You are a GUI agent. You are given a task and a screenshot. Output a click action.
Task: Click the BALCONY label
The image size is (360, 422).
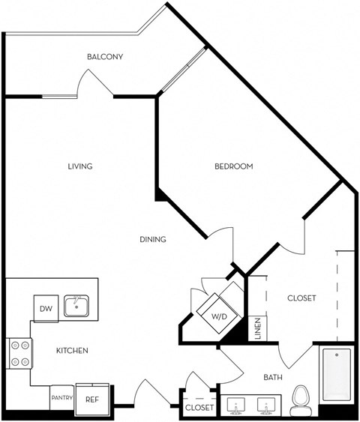105,57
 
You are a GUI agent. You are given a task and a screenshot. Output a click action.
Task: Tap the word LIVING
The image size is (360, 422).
79,166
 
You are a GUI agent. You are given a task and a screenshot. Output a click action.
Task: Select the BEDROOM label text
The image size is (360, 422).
234,166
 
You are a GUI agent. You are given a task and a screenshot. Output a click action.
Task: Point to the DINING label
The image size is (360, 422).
152,240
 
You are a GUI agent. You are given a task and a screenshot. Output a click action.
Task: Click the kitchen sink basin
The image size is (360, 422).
76,306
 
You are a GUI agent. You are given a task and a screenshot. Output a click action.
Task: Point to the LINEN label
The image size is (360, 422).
256,328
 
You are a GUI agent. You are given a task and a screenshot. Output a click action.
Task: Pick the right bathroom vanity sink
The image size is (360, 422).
267,405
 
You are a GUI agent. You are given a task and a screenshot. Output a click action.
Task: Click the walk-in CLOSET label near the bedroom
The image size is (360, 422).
301,298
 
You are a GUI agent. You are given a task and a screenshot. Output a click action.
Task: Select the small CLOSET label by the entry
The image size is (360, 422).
199,408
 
